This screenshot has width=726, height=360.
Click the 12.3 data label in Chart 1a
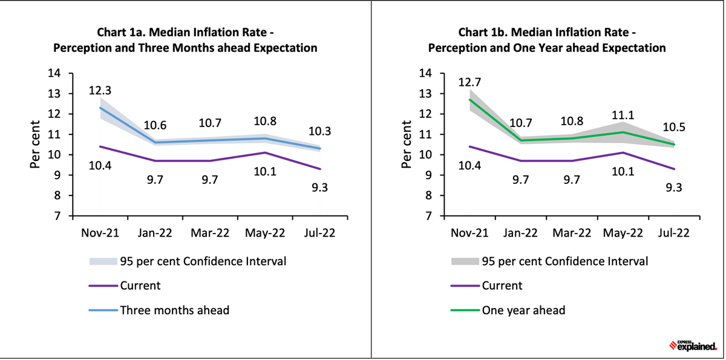coord(99,91)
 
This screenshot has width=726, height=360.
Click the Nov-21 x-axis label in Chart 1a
coord(100,233)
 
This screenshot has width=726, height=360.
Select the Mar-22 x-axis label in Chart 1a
coord(211,233)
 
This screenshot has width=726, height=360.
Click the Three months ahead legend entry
coord(174,310)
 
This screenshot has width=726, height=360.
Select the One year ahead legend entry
coord(523,310)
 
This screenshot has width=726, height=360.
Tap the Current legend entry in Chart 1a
coord(140,286)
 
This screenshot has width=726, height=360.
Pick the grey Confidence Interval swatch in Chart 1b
coord(465,261)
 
